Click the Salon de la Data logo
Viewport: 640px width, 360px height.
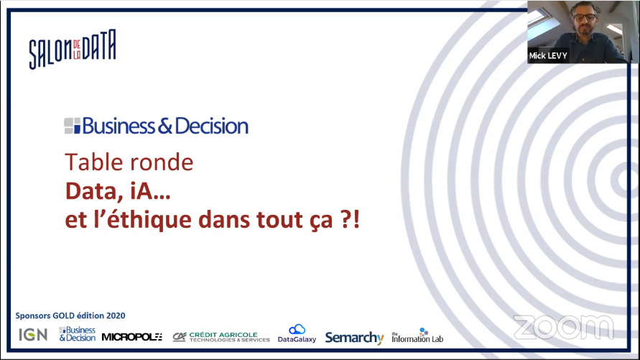click(x=73, y=49)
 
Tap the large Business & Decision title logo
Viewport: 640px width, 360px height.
click(x=157, y=126)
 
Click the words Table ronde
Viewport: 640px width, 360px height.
click(x=129, y=162)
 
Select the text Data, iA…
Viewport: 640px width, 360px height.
click(x=118, y=191)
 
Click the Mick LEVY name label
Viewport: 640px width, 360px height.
click(x=548, y=56)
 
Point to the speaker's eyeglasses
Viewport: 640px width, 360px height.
click(x=585, y=17)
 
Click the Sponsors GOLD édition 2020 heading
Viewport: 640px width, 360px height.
click(x=70, y=315)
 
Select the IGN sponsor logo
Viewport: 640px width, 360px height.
click(x=33, y=335)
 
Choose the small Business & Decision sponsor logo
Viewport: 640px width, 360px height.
click(x=77, y=334)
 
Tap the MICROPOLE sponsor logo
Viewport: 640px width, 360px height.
click(x=132, y=337)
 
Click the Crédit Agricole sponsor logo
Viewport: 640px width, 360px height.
click(x=221, y=337)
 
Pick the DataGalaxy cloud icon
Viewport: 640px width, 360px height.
click(x=297, y=329)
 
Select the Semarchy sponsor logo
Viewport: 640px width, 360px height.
click(x=354, y=338)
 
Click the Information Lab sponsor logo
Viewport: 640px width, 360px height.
click(x=417, y=335)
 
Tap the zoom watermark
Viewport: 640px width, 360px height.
click(x=564, y=327)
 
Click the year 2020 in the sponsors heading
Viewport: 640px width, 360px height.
click(x=116, y=315)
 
